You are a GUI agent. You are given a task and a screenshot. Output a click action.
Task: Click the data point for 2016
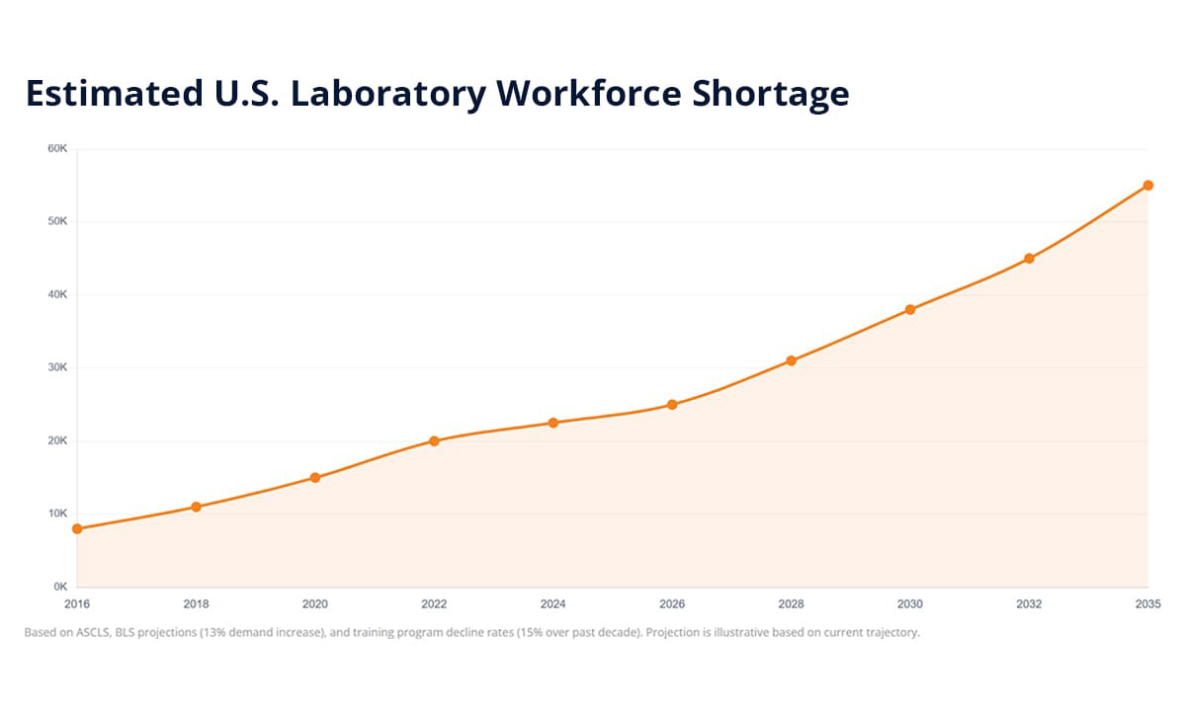[77, 528]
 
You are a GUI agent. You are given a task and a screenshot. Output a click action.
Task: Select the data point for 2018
[196, 507]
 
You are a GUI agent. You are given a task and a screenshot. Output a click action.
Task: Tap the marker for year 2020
[315, 477]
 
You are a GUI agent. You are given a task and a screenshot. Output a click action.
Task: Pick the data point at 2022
[434, 440]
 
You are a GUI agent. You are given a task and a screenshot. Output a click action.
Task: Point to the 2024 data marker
[553, 423]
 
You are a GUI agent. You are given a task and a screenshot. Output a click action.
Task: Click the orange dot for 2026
[672, 404]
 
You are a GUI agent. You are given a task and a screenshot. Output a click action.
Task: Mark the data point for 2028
[791, 360]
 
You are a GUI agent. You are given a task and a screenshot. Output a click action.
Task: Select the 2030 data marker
[910, 309]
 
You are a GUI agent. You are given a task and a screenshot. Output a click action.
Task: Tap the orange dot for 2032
[1029, 258]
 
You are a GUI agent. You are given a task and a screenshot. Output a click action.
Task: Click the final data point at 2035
[1148, 185]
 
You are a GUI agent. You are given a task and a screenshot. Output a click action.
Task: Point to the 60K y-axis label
[57, 148]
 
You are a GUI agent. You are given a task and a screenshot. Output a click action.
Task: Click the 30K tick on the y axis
[57, 367]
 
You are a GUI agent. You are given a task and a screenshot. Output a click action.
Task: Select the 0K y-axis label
[59, 587]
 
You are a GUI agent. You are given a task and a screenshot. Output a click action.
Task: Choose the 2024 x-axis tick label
[553, 602]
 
